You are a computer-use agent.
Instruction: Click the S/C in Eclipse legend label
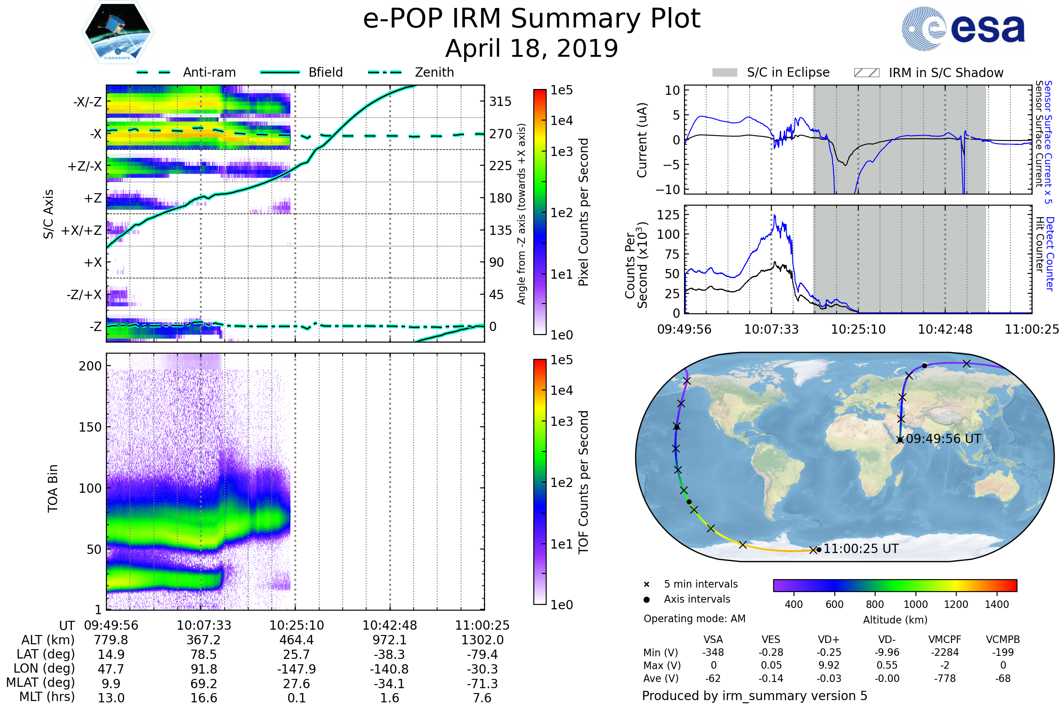[788, 72]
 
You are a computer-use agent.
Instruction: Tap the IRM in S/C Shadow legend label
[946, 73]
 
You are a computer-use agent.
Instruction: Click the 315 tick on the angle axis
[500, 101]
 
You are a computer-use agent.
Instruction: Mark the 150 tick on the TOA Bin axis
[90, 427]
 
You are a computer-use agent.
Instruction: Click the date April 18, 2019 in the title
[532, 48]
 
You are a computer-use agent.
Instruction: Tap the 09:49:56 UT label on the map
[943, 439]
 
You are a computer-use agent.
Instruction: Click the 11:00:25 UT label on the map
[861, 549]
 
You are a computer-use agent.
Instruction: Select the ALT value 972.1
[390, 640]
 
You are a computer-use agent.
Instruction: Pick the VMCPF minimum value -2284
[945, 652]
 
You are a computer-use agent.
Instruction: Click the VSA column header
[713, 640]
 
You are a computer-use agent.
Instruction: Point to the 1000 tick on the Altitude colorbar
[915, 604]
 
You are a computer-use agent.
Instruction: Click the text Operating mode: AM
[694, 619]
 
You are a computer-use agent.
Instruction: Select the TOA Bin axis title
[52, 488]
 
